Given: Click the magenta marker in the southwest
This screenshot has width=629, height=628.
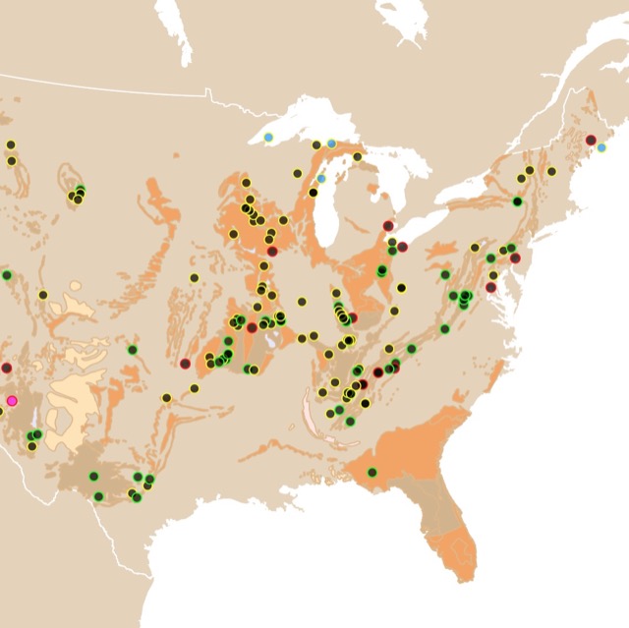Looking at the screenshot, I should pos(13,401).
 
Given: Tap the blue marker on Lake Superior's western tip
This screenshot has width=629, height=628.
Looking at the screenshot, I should pos(268,138).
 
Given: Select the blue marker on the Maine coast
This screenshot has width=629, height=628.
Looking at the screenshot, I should pos(601,147).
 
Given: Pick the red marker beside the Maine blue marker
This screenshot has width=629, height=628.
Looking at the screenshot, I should pos(591,140).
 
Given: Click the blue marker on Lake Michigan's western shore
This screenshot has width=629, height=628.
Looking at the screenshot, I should pos(321,179).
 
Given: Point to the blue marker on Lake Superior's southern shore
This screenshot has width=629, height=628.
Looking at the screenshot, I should pos(332,143).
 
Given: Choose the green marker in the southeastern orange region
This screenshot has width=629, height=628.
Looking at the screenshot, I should pos(372,473).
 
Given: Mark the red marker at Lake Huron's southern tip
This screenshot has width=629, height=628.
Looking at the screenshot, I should pos(388,225).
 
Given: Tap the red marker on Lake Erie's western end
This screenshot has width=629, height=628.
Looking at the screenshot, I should pos(402,246).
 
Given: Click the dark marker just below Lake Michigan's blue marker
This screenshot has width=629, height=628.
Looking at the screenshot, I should pos(314,193).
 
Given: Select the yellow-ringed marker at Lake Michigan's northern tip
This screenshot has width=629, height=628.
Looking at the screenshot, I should pos(358,156).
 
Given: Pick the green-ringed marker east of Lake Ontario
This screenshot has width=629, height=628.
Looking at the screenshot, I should pos(517,201).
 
